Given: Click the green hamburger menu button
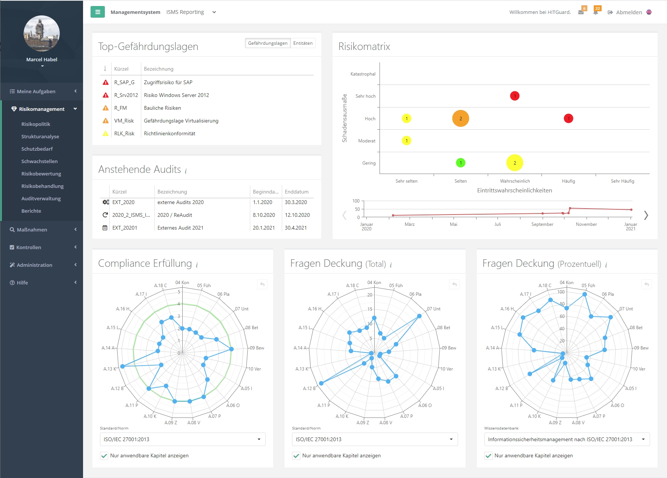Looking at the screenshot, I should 98,12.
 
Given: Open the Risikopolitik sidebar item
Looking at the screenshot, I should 36,124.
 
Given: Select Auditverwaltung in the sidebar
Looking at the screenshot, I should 41,198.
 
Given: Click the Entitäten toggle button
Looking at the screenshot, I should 302,43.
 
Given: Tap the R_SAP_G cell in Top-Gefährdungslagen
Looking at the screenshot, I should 124,82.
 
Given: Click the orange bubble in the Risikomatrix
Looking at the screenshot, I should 460,118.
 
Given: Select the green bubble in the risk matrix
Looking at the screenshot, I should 460,163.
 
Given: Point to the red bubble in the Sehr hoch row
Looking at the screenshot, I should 514,96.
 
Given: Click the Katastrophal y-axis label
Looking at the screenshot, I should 363,74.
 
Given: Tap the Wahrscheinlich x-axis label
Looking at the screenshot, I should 514,181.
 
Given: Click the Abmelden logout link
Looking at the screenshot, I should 629,12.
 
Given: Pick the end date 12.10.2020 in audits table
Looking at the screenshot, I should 297,215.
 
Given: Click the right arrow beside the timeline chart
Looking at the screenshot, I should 646,215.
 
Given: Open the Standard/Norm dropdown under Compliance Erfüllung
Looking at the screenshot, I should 182,439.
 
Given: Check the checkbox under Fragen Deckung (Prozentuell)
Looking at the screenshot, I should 489,456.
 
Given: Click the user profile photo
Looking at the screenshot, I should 42,33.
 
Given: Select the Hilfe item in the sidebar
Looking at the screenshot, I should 23,283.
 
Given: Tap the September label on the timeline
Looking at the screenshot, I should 542,224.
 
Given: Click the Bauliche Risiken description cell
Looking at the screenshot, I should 162,108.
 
